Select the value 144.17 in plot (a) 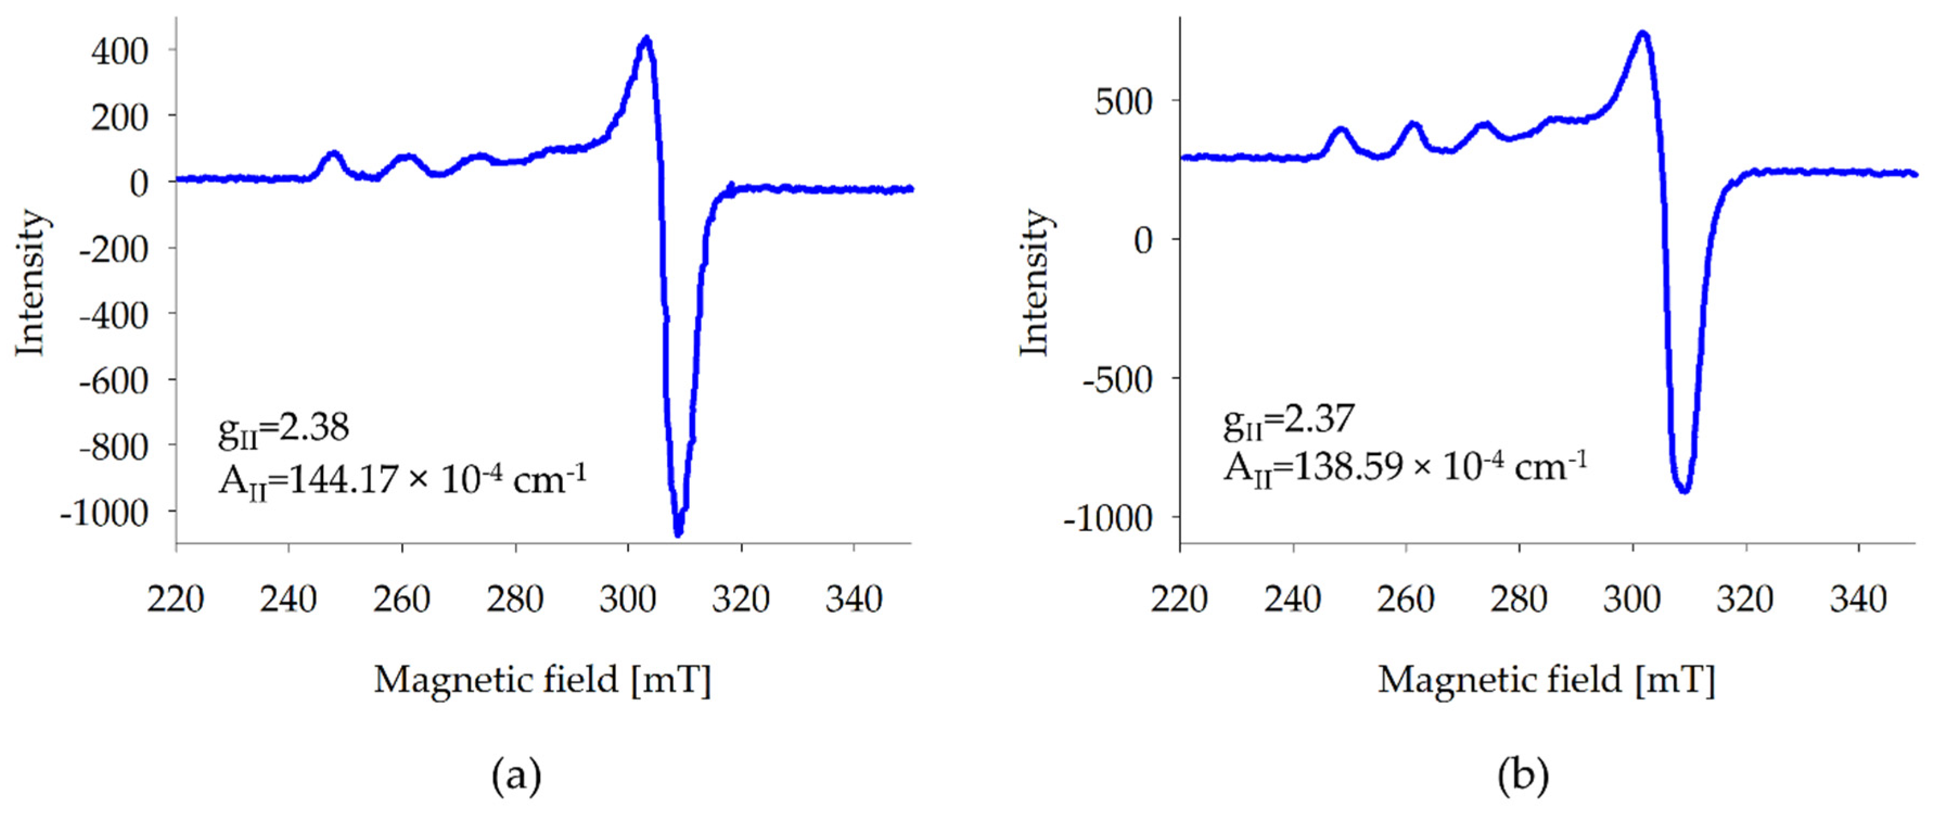coord(343,480)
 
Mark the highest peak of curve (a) coord(645,39)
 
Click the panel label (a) coord(516,776)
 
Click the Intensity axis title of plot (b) coord(1034,283)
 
